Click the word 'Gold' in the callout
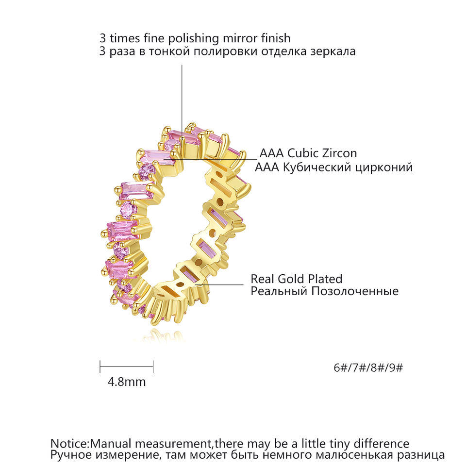point(290,279)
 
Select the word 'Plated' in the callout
point(325,279)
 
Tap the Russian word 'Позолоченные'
point(354,291)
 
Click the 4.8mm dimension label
point(127,382)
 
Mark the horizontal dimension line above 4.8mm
point(127,366)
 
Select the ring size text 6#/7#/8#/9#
point(368,368)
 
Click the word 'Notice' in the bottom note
point(69,444)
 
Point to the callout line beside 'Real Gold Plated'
point(219,285)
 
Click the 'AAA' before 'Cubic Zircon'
point(272,153)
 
